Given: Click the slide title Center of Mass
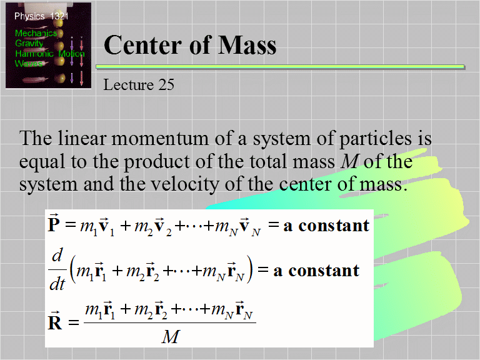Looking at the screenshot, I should (x=189, y=46).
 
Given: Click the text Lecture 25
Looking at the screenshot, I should (x=139, y=84).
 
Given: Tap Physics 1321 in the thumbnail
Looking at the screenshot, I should (x=41, y=16).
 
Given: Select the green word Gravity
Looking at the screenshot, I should (x=29, y=44).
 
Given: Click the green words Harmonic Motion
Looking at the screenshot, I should (x=49, y=54).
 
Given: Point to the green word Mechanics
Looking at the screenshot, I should (x=36, y=33).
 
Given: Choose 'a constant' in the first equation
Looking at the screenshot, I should (x=326, y=225).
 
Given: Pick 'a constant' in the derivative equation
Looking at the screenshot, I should (x=316, y=270).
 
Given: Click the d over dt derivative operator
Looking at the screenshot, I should (x=57, y=270).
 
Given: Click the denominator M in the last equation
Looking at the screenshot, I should (x=170, y=337).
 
